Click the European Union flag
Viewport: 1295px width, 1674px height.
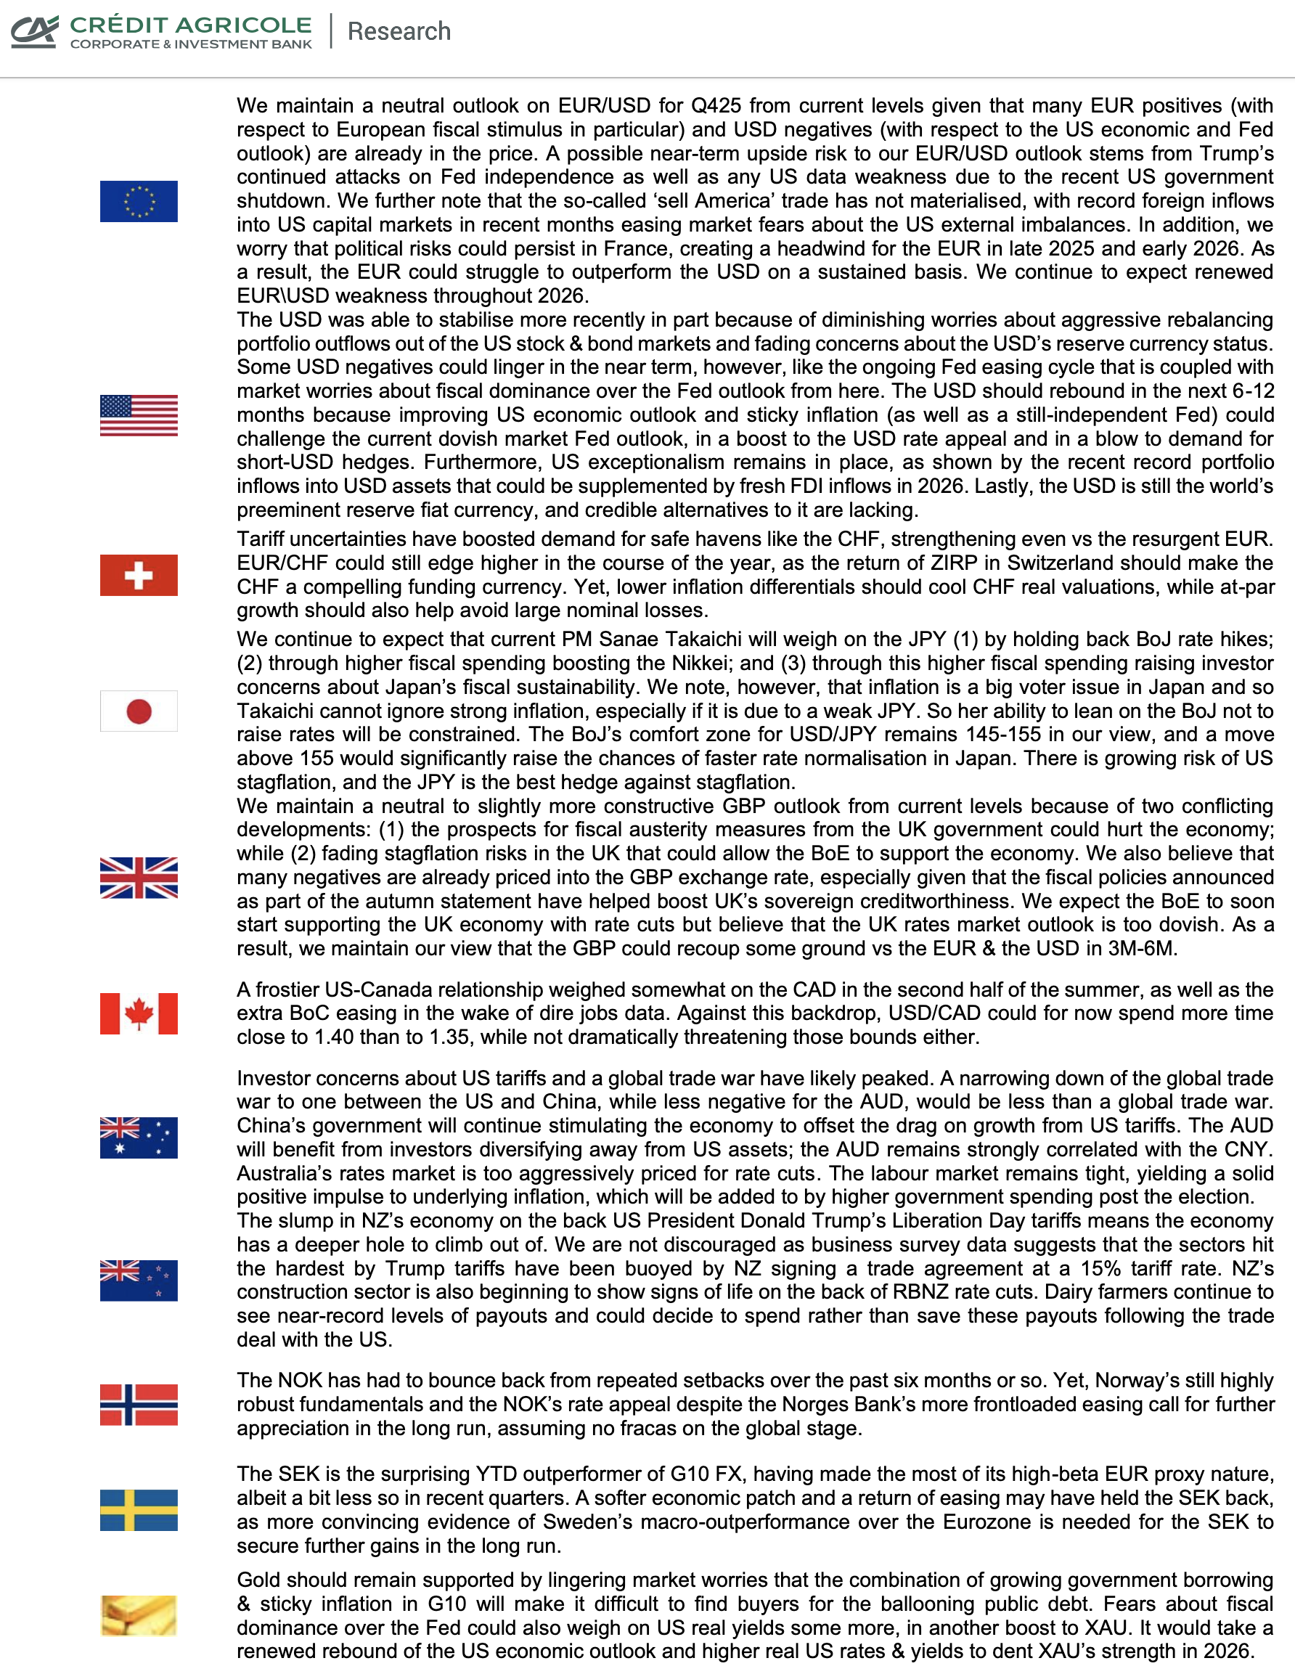(x=139, y=201)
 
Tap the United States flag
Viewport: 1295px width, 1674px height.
(x=139, y=415)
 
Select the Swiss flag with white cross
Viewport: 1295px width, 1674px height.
(x=139, y=575)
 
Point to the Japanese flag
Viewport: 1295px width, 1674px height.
(x=139, y=711)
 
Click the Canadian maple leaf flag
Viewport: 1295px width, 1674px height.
(x=139, y=1013)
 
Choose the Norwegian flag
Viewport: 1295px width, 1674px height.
(x=139, y=1404)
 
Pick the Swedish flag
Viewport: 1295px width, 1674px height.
(x=139, y=1510)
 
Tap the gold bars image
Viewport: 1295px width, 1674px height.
(x=139, y=1615)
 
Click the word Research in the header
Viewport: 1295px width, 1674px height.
(x=399, y=31)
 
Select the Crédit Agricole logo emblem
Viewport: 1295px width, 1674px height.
(x=35, y=31)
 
